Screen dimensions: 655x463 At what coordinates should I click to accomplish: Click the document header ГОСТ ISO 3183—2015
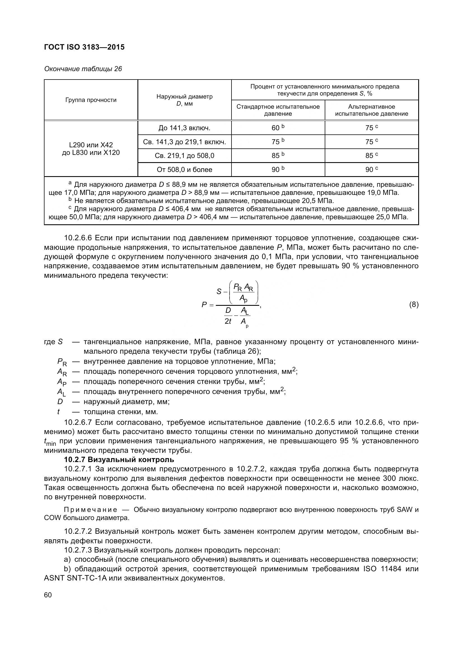point(84,47)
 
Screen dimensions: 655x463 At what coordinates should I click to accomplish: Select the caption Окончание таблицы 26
point(83,69)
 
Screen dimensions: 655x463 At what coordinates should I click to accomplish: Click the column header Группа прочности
point(91,100)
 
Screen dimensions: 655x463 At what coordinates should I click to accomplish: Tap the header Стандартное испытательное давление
point(278,110)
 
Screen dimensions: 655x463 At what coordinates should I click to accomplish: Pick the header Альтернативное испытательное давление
point(371,110)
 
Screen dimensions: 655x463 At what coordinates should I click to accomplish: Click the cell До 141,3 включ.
point(184,128)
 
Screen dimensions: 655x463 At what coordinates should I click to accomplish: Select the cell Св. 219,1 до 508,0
point(184,156)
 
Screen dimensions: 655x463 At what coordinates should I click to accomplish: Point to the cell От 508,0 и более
point(184,170)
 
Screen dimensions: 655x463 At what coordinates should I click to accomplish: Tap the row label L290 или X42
point(91,145)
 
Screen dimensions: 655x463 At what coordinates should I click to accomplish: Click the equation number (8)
point(414,305)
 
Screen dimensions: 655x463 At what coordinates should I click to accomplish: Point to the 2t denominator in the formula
point(228,321)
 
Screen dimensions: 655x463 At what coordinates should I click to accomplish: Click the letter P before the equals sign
point(204,305)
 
